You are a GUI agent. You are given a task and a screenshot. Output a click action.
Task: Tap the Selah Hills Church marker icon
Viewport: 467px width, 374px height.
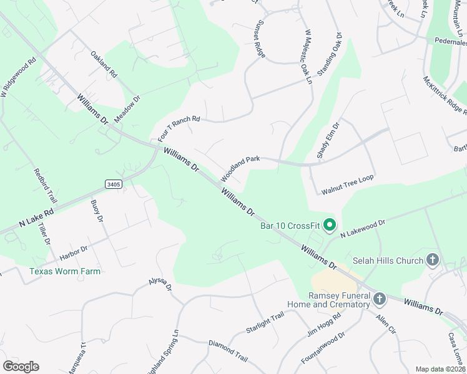point(433,260)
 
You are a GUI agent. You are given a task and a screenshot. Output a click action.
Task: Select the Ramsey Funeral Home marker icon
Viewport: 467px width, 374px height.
point(379,300)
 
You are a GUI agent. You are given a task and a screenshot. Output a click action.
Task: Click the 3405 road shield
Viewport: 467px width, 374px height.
point(113,185)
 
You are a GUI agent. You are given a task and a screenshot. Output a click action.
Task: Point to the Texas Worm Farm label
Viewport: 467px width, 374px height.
point(65,271)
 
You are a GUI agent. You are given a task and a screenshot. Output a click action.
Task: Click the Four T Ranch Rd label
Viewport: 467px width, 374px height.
point(179,127)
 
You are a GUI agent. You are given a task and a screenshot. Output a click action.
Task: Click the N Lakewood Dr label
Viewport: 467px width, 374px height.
point(363,228)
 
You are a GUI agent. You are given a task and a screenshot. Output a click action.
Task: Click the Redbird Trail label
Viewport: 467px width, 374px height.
point(46,186)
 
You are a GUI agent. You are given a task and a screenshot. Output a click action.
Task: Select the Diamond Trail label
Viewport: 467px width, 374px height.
point(228,352)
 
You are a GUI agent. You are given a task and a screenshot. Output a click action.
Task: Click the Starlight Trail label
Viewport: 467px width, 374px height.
point(265,324)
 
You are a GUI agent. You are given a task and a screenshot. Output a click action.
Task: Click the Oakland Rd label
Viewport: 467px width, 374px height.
point(104,64)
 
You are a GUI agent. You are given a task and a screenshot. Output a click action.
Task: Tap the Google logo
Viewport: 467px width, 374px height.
point(21,367)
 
